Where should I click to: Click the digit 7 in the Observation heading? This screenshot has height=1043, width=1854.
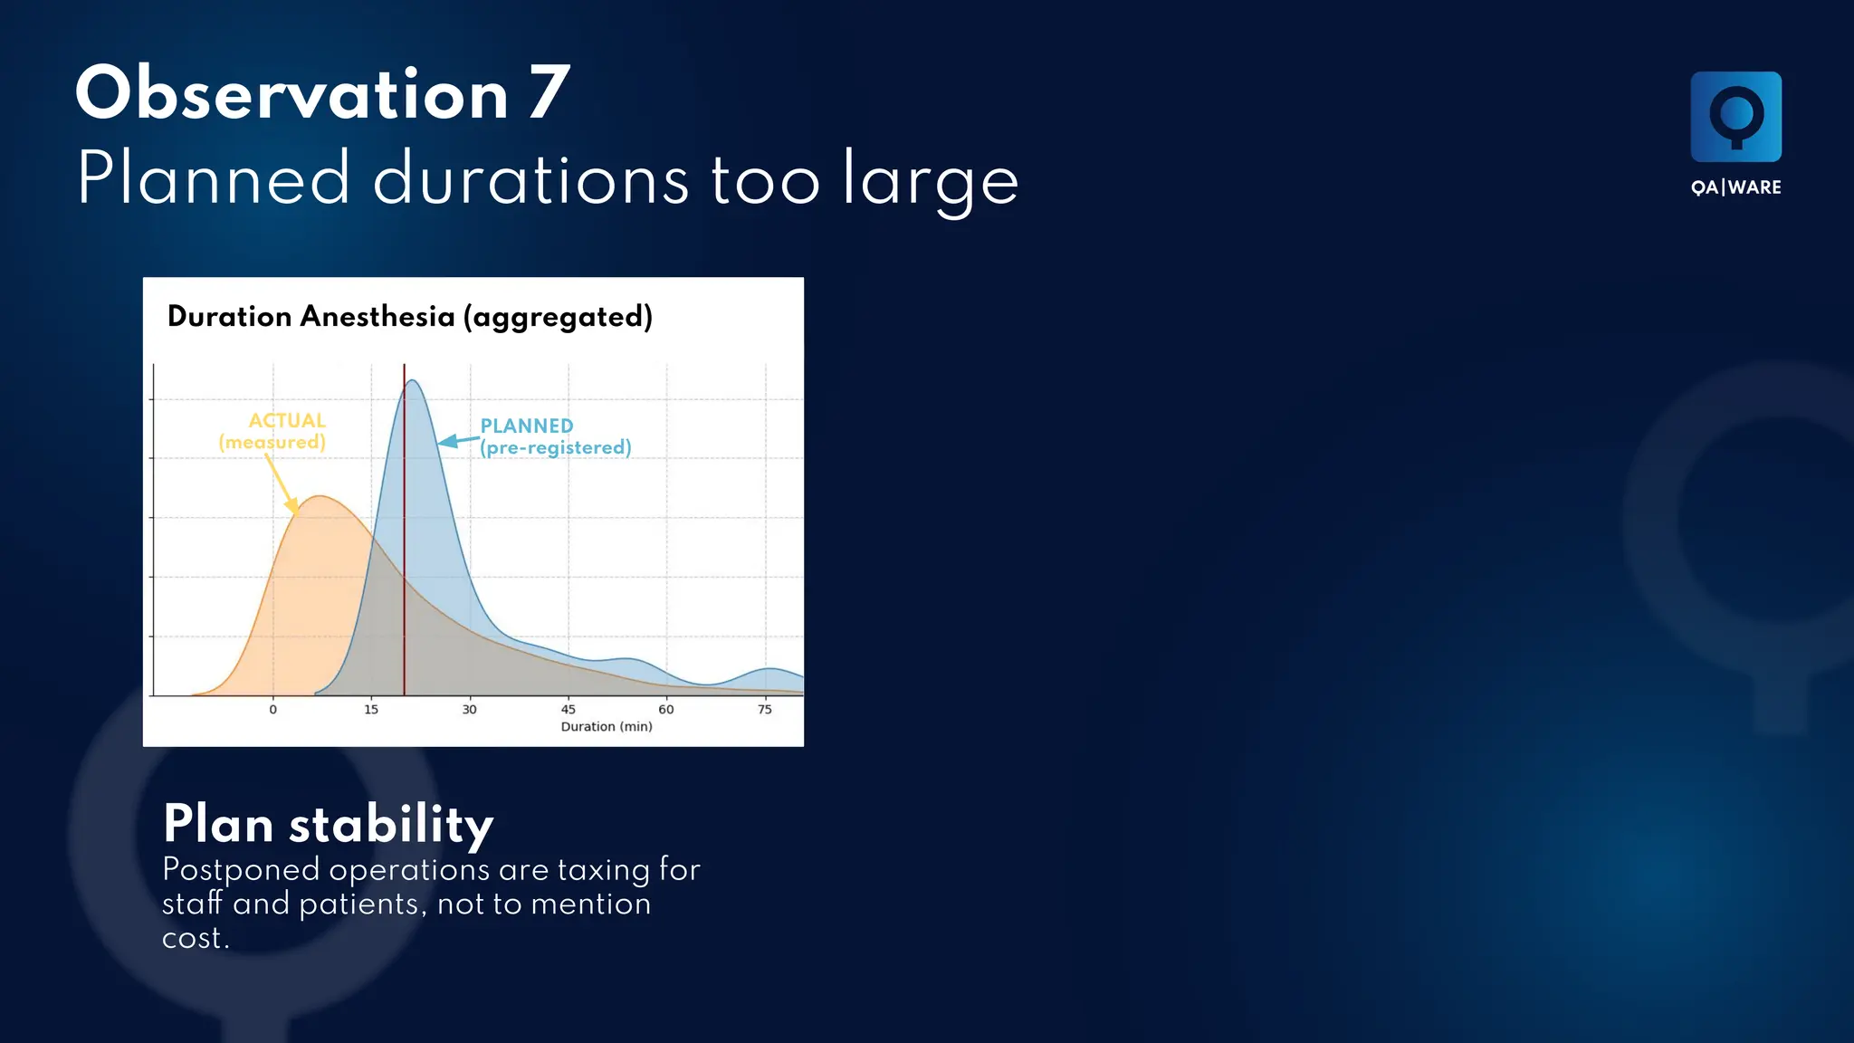tap(549, 94)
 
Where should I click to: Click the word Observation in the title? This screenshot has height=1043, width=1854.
tap(291, 94)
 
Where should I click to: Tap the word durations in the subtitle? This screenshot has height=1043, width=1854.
tap(531, 179)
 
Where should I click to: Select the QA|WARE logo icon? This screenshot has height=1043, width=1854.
tap(1735, 117)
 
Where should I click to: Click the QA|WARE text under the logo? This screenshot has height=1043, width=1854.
tap(1735, 187)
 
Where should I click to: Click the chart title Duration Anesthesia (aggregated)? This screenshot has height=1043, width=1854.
tap(409, 317)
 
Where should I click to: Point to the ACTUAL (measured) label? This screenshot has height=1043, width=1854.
tap(273, 432)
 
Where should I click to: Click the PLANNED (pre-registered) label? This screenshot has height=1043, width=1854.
tap(554, 436)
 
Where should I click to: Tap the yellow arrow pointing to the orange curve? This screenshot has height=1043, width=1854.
tap(282, 484)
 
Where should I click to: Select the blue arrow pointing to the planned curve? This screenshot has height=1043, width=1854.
tap(458, 441)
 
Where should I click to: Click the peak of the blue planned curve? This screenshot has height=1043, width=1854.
tap(412, 381)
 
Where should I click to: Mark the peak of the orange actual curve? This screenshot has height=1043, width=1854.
tap(320, 497)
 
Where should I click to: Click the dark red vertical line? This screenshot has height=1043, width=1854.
tap(404, 543)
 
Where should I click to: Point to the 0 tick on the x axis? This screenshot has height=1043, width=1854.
tap(273, 710)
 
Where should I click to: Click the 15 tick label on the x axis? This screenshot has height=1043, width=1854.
tap(371, 710)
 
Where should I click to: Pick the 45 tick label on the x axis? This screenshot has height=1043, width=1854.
tap(569, 710)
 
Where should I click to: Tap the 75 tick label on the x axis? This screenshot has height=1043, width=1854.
tap(765, 710)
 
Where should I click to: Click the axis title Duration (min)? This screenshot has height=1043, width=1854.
tap(606, 726)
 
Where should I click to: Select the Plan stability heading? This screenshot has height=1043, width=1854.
tap(328, 824)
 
